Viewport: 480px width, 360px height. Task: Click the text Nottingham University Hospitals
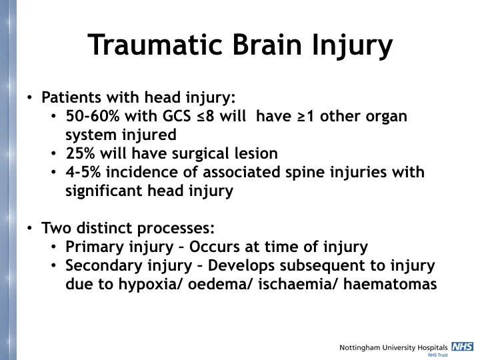(x=393, y=347)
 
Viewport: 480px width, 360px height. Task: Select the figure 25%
(x=80, y=153)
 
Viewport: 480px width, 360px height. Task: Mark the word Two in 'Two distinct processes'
(x=55, y=228)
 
